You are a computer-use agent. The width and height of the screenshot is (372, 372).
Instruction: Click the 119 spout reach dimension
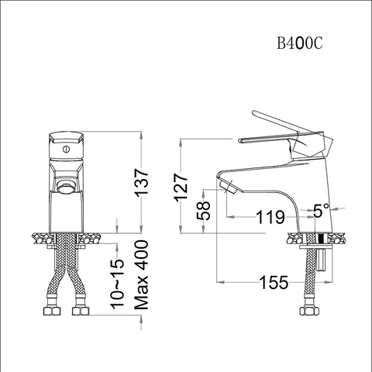[x=270, y=218]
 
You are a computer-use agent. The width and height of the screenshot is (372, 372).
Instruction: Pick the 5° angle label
[x=321, y=209]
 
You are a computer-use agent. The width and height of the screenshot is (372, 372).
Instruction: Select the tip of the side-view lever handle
[x=240, y=140]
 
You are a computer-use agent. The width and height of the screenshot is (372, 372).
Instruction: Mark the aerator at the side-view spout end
[x=226, y=186]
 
